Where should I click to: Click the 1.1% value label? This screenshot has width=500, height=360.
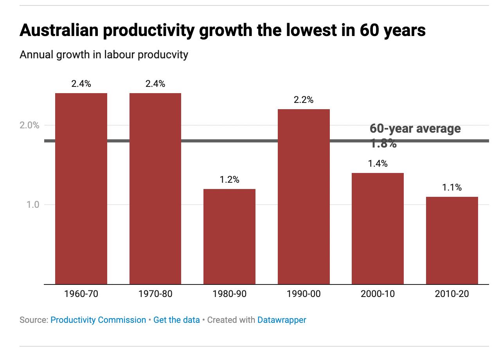452,187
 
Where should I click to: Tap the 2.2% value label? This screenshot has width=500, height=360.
304,100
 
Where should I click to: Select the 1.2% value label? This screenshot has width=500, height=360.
229,180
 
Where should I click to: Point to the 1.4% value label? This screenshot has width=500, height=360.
378,164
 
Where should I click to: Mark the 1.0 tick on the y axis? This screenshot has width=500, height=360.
33,205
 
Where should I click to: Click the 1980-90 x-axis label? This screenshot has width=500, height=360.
229,293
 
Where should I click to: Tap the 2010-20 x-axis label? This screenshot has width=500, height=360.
452,293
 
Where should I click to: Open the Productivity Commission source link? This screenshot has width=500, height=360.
98,320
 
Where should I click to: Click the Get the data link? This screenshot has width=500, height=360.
176,320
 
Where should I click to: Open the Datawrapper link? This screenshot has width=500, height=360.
282,320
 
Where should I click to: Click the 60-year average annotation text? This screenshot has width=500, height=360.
415,129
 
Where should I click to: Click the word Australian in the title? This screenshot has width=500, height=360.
58,30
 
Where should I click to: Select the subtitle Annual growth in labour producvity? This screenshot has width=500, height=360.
104,54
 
